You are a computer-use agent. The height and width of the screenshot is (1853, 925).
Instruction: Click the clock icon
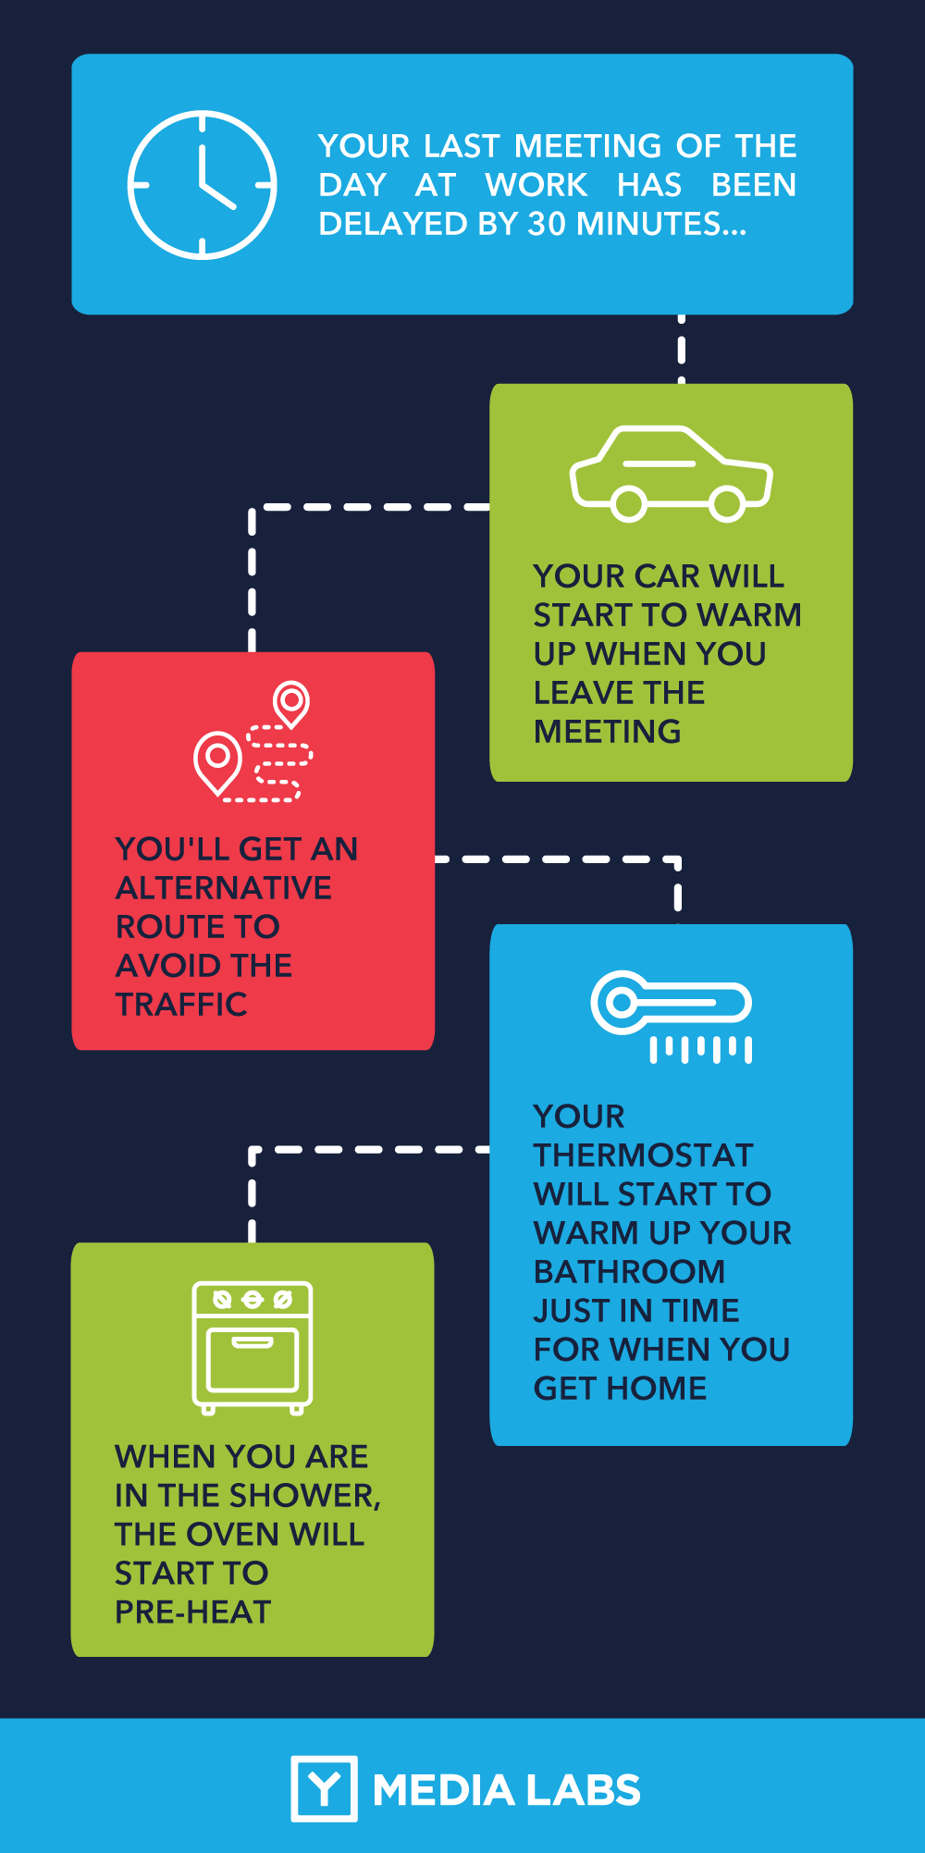tap(202, 185)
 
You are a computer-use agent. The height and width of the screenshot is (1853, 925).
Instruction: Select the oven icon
tap(253, 1347)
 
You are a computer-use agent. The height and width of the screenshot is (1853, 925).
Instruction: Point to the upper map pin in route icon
tap(291, 700)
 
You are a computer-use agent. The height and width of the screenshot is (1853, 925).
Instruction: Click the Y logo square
tap(324, 1788)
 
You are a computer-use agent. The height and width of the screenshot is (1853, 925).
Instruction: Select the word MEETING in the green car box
tap(608, 732)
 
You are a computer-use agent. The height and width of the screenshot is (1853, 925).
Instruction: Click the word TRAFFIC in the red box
tap(181, 1005)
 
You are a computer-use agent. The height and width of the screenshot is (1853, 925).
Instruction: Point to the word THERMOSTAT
tap(644, 1155)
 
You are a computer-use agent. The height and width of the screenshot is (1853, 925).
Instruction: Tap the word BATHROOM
tap(629, 1272)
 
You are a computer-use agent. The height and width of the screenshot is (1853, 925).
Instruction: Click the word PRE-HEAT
tap(192, 1612)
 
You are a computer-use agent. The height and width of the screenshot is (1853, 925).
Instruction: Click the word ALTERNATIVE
tap(224, 888)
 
